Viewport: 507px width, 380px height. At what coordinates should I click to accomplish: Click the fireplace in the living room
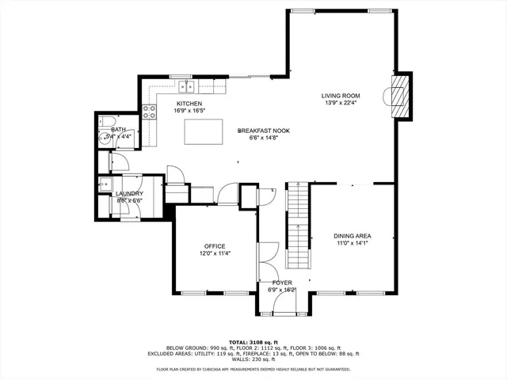pyautogui.click(x=402, y=96)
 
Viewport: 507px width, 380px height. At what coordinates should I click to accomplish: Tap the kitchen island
pyautogui.click(x=202, y=131)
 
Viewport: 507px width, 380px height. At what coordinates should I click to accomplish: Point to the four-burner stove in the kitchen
pyautogui.click(x=149, y=112)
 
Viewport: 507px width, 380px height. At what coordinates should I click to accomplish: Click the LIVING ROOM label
pyautogui.click(x=341, y=95)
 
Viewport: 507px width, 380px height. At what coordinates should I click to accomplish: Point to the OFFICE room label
pyautogui.click(x=214, y=246)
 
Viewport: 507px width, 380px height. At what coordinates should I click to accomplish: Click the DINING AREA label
pyautogui.click(x=353, y=236)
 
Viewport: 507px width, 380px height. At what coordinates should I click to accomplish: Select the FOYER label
pyautogui.click(x=282, y=282)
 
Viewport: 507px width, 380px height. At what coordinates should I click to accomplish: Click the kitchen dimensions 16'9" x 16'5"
pyautogui.click(x=189, y=112)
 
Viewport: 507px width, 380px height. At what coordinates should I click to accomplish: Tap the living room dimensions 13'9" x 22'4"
pyautogui.click(x=341, y=103)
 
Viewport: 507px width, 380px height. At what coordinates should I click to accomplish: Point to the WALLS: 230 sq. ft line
pyautogui.click(x=253, y=360)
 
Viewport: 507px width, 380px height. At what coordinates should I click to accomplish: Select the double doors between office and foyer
pyautogui.click(x=263, y=258)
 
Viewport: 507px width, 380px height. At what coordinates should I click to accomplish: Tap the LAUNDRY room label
pyautogui.click(x=129, y=193)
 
